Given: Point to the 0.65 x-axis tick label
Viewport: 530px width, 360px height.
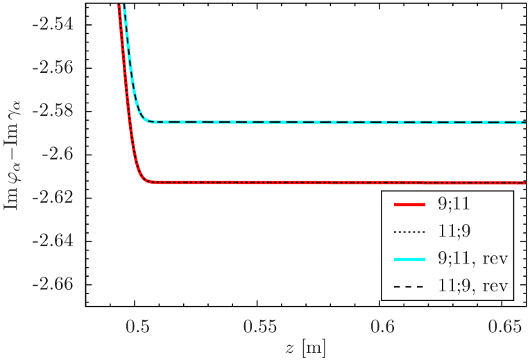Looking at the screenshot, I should click(x=503, y=326).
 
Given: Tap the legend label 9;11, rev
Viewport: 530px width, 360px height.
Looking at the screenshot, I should click(x=474, y=259).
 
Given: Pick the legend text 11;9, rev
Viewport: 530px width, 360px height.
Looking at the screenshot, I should click(x=474, y=285).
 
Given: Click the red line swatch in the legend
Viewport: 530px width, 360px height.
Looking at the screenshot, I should click(x=409, y=205).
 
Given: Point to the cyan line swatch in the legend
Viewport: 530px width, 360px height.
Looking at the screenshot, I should click(x=409, y=259).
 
